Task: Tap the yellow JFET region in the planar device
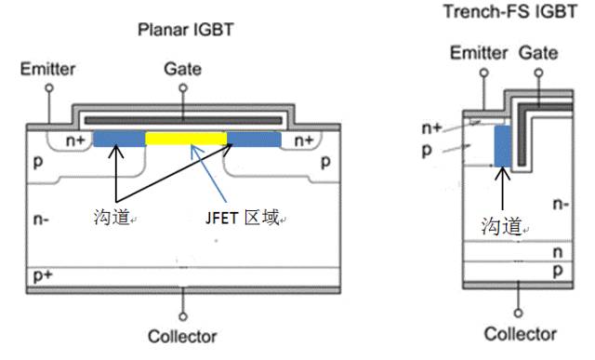[187, 139]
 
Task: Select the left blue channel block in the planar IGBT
[120, 139]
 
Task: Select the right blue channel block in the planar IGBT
[254, 139]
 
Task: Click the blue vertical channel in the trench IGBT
[503, 146]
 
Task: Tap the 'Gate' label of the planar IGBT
[182, 69]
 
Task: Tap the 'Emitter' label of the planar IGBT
[47, 69]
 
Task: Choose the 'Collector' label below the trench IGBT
[521, 333]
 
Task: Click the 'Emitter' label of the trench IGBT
[479, 53]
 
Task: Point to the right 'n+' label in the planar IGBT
[303, 140]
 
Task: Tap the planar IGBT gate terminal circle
[182, 87]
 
